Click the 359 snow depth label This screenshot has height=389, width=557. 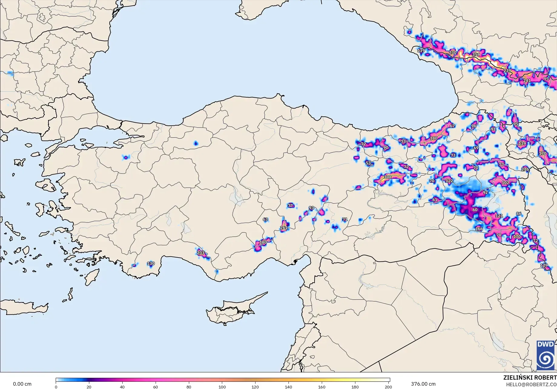(476, 55)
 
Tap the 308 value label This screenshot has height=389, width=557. (387, 177)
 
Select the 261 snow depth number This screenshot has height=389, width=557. (284, 228)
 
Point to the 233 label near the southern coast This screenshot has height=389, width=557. (200, 253)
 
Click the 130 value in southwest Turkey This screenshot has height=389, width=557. (151, 264)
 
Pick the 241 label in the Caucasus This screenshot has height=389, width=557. (527, 81)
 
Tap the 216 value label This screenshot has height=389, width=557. (525, 169)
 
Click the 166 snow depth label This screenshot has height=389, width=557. (479, 229)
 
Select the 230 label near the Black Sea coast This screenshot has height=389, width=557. (453, 53)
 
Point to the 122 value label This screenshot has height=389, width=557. (449, 181)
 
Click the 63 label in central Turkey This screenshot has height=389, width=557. (265, 219)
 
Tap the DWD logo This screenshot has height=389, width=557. (545, 355)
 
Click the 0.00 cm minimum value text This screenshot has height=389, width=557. (22, 384)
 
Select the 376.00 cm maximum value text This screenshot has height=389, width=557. (423, 384)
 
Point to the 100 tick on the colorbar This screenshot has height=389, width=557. (222, 387)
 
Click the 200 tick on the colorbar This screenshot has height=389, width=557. (388, 387)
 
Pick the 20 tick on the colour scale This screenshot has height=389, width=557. (89, 387)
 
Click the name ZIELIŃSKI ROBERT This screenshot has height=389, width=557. (530, 378)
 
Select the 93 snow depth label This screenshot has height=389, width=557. (311, 208)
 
